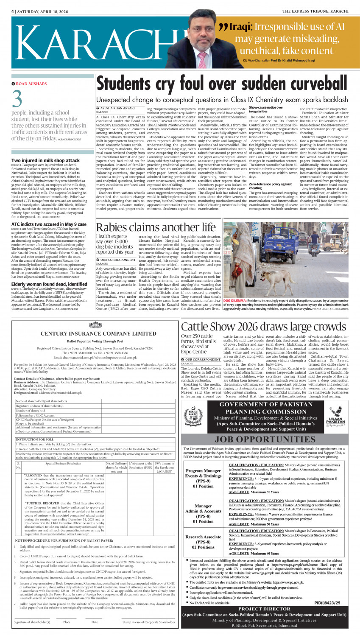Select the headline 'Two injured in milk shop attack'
pyautogui.click(x=45, y=160)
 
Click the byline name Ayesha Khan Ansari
pyautogui.click(x=117, y=108)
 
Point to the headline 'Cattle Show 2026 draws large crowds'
pyautogui.click(x=263, y=327)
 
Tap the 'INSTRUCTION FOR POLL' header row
pyautogui.click(x=35, y=439)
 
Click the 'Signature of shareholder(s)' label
pyautogui.click(x=32, y=622)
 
